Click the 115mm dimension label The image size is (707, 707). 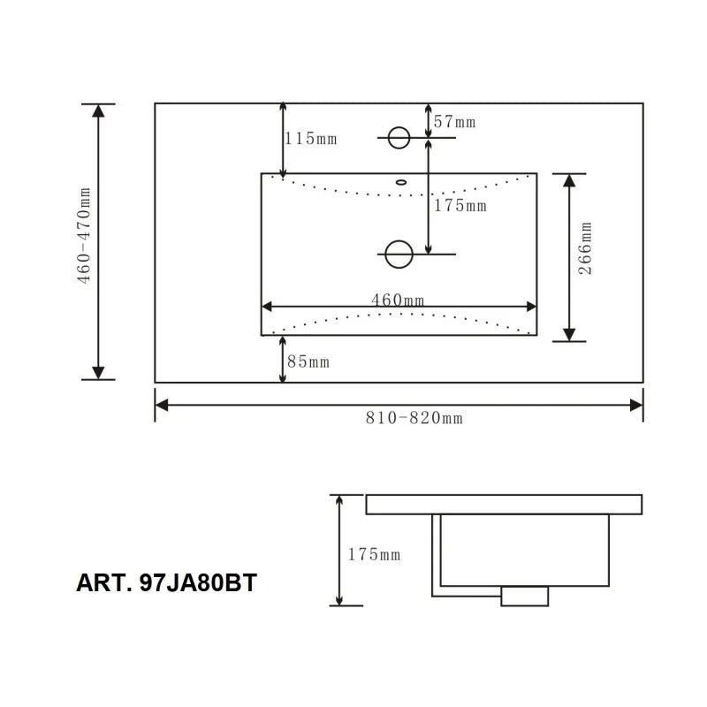(311, 139)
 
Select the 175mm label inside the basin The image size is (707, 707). (460, 206)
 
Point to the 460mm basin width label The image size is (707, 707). (398, 300)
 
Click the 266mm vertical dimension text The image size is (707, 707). (585, 249)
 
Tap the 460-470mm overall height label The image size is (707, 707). (83, 236)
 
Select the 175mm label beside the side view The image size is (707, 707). (374, 555)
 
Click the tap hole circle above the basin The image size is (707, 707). (399, 137)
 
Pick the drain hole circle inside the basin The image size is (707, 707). (399, 255)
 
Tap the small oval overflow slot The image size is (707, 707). (402, 183)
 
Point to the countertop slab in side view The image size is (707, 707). (504, 505)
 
